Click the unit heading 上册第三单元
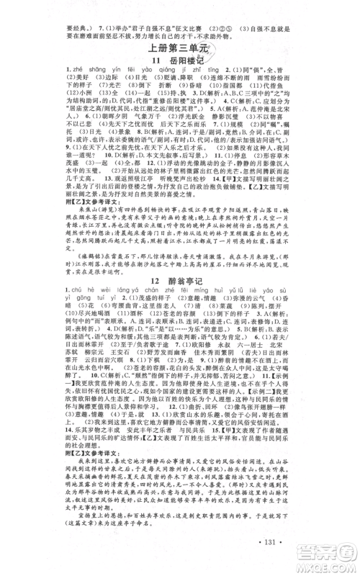click(179, 48)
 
